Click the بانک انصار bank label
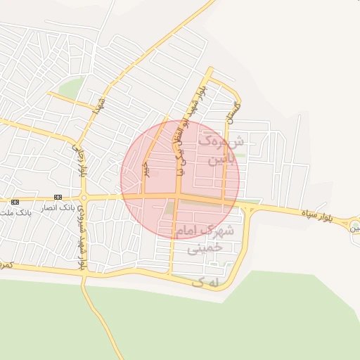[58, 208]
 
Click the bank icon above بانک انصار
[57, 198]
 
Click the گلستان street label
[233, 112]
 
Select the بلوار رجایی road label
[82, 159]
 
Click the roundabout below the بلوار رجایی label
[83, 198]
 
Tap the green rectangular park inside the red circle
[170, 209]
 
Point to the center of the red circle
[180, 180]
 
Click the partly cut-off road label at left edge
[6, 264]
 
